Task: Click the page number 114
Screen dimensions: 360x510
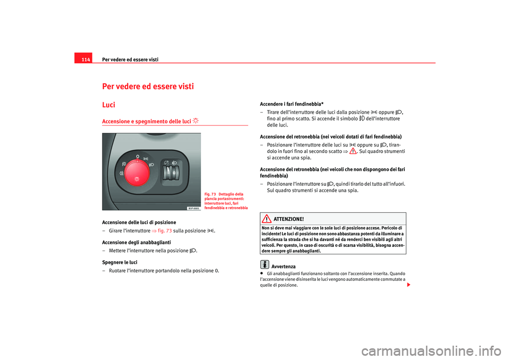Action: click(x=86, y=58)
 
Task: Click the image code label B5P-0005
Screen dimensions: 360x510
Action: click(x=193, y=208)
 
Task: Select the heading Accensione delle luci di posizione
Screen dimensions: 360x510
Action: click(x=140, y=221)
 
